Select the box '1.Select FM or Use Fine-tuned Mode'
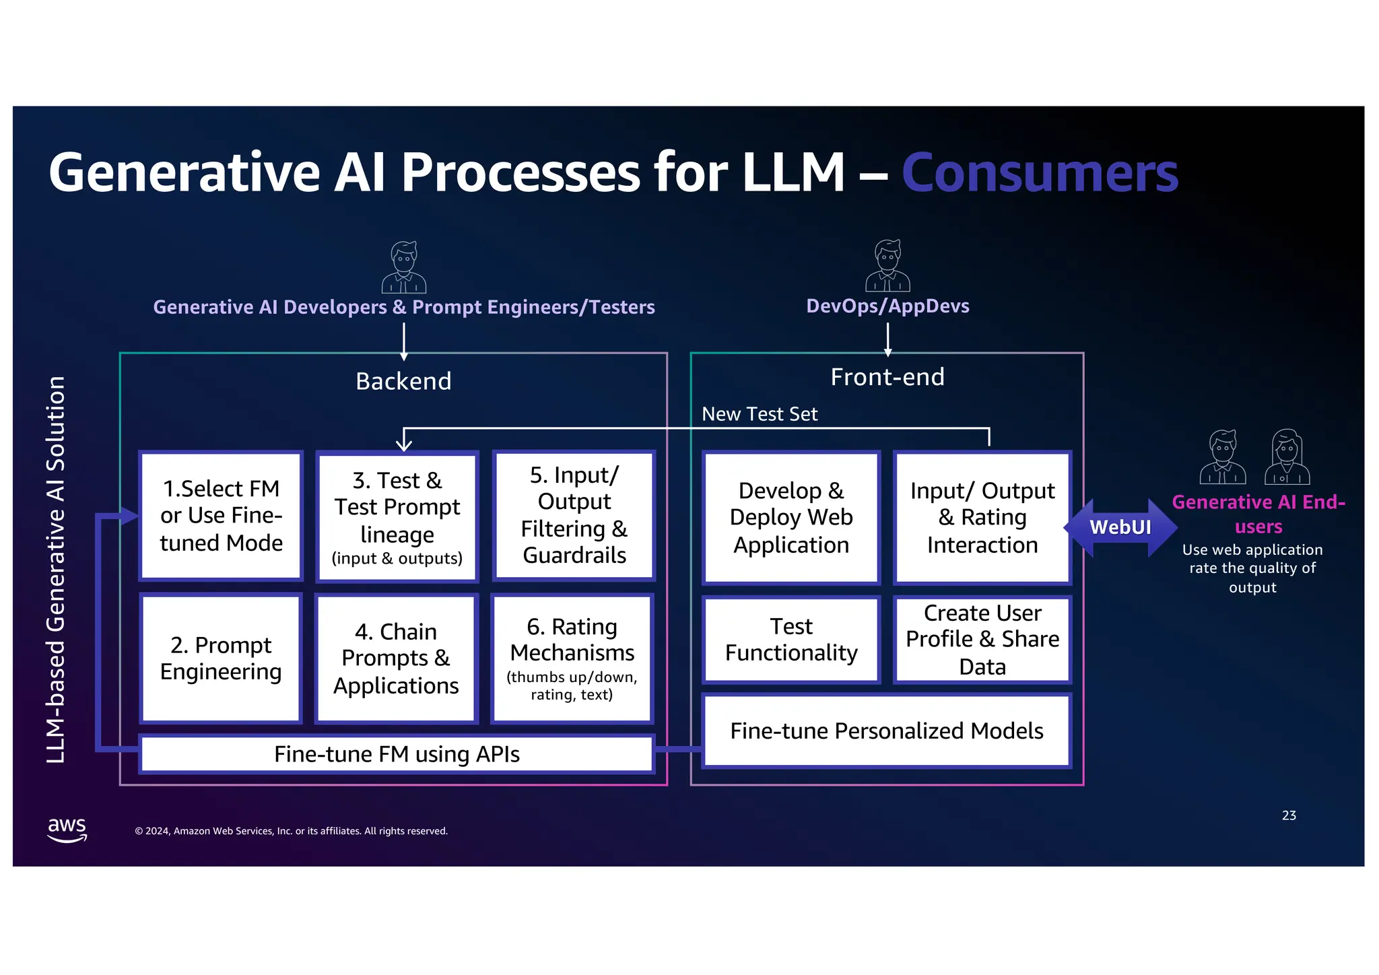pyautogui.click(x=221, y=515)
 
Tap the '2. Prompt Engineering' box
pyautogui.click(x=221, y=658)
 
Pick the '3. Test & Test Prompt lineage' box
pyautogui.click(x=397, y=516)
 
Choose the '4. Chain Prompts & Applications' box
pyautogui.click(x=396, y=658)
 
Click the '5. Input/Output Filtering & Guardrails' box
pyautogui.click(x=574, y=515)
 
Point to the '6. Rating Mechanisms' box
pyautogui.click(x=572, y=658)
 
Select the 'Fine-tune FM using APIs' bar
pyautogui.click(x=397, y=753)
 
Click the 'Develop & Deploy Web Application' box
pyautogui.click(x=791, y=516)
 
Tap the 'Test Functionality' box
pyautogui.click(x=791, y=639)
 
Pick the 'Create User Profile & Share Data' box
pyautogui.click(x=982, y=639)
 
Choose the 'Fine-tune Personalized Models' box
pyautogui.click(x=886, y=731)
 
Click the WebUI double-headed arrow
pyautogui.click(x=1120, y=527)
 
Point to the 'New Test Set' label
pyautogui.click(x=760, y=413)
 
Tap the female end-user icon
pyautogui.click(x=1287, y=457)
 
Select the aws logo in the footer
pyautogui.click(x=67, y=829)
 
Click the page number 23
pyautogui.click(x=1288, y=815)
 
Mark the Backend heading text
pyautogui.click(x=403, y=381)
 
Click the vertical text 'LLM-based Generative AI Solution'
pyautogui.click(x=56, y=569)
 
